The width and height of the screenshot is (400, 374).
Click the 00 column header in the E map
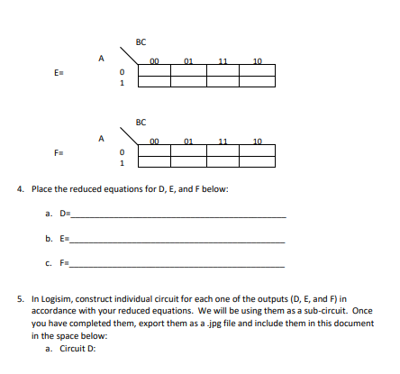click(154, 61)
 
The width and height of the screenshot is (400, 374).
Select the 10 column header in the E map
click(257, 61)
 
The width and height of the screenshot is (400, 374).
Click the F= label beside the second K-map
click(58, 152)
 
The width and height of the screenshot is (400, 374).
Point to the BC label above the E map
click(140, 41)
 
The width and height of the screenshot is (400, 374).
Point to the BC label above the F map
click(140, 121)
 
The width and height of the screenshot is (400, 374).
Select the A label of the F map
click(102, 138)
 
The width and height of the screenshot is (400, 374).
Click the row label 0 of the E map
click(121, 75)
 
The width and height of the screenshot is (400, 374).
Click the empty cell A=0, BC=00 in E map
click(154, 70)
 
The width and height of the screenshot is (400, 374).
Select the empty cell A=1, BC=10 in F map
click(257, 162)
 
